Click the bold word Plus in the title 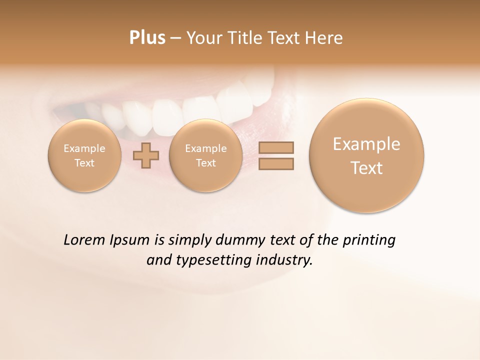(147, 37)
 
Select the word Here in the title (325, 37)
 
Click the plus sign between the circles (146, 155)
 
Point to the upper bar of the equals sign (276, 147)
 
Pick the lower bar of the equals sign (276, 163)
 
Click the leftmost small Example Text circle (84, 155)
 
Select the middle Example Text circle (205, 155)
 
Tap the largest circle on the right (366, 155)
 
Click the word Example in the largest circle (366, 144)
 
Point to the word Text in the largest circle (366, 168)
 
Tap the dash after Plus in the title (175, 38)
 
